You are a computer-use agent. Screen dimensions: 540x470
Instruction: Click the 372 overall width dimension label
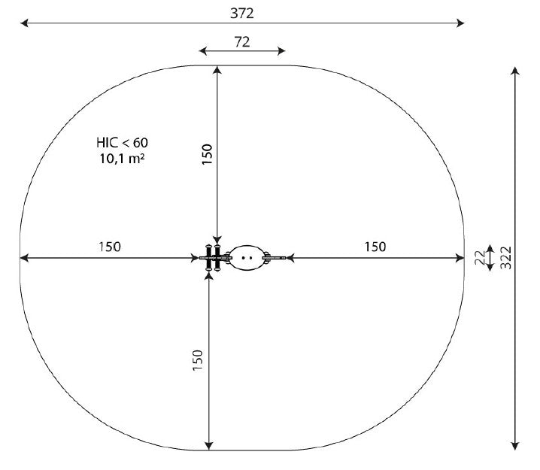241,13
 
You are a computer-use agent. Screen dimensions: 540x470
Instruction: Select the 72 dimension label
241,41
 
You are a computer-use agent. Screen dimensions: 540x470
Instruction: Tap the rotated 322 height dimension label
506,257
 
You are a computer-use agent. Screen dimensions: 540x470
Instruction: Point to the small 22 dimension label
479,257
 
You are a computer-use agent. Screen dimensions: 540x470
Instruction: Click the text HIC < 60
123,142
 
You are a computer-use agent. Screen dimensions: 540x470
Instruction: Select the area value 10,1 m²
123,159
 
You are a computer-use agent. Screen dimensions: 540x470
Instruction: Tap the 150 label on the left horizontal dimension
110,247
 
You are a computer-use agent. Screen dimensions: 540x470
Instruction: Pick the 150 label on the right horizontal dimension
375,247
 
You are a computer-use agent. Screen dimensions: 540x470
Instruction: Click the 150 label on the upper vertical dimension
207,154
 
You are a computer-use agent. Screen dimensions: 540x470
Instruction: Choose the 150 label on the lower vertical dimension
198,360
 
